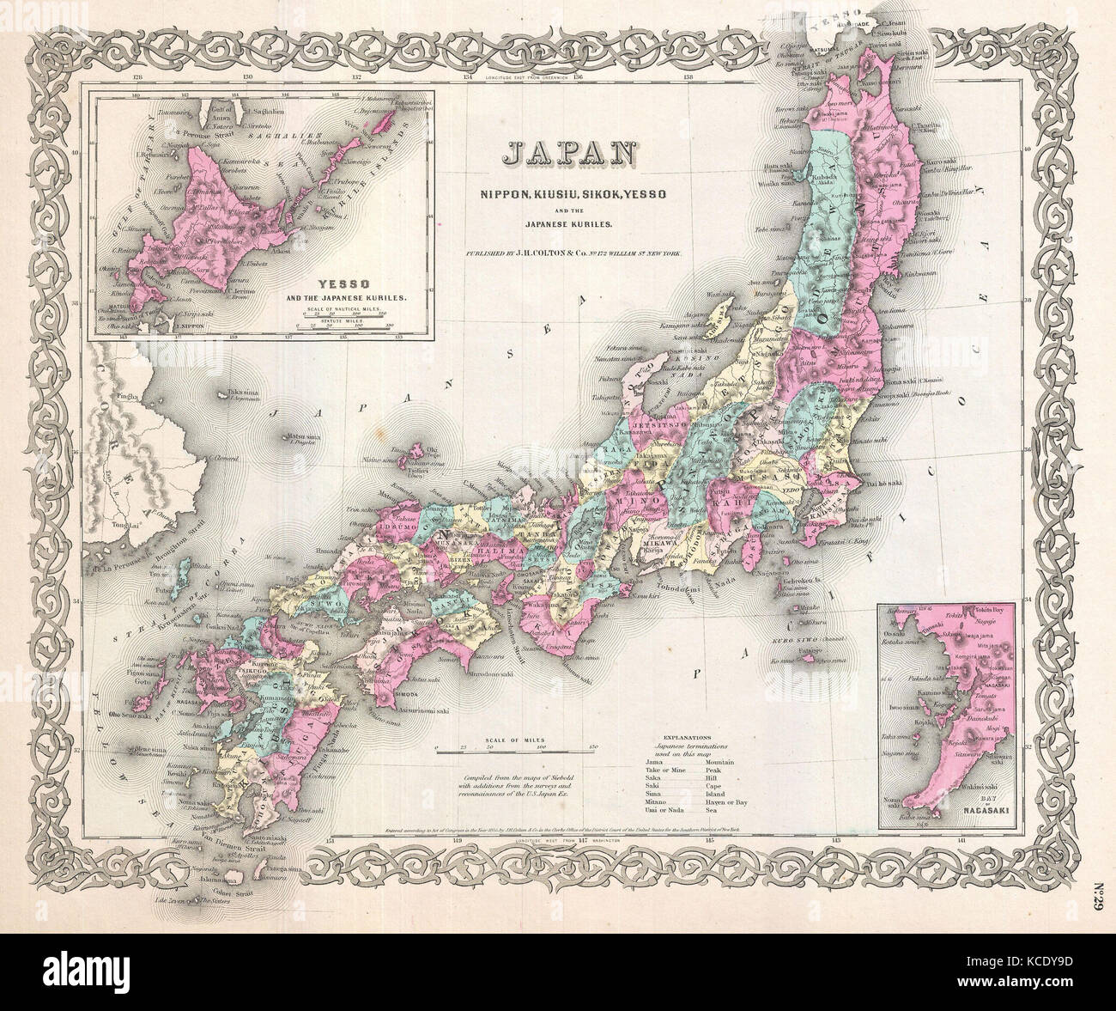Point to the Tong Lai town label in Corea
pyautogui.click(x=123, y=530)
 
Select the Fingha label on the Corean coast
pyautogui.click(x=106, y=398)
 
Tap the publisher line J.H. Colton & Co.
pyautogui.click(x=571, y=256)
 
